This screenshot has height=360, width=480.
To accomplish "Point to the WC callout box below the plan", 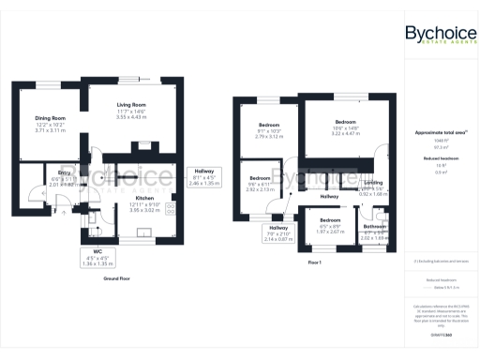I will [91, 258].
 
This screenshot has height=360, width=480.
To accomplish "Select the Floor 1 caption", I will [314, 262].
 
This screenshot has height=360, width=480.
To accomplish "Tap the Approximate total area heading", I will [438, 133].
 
